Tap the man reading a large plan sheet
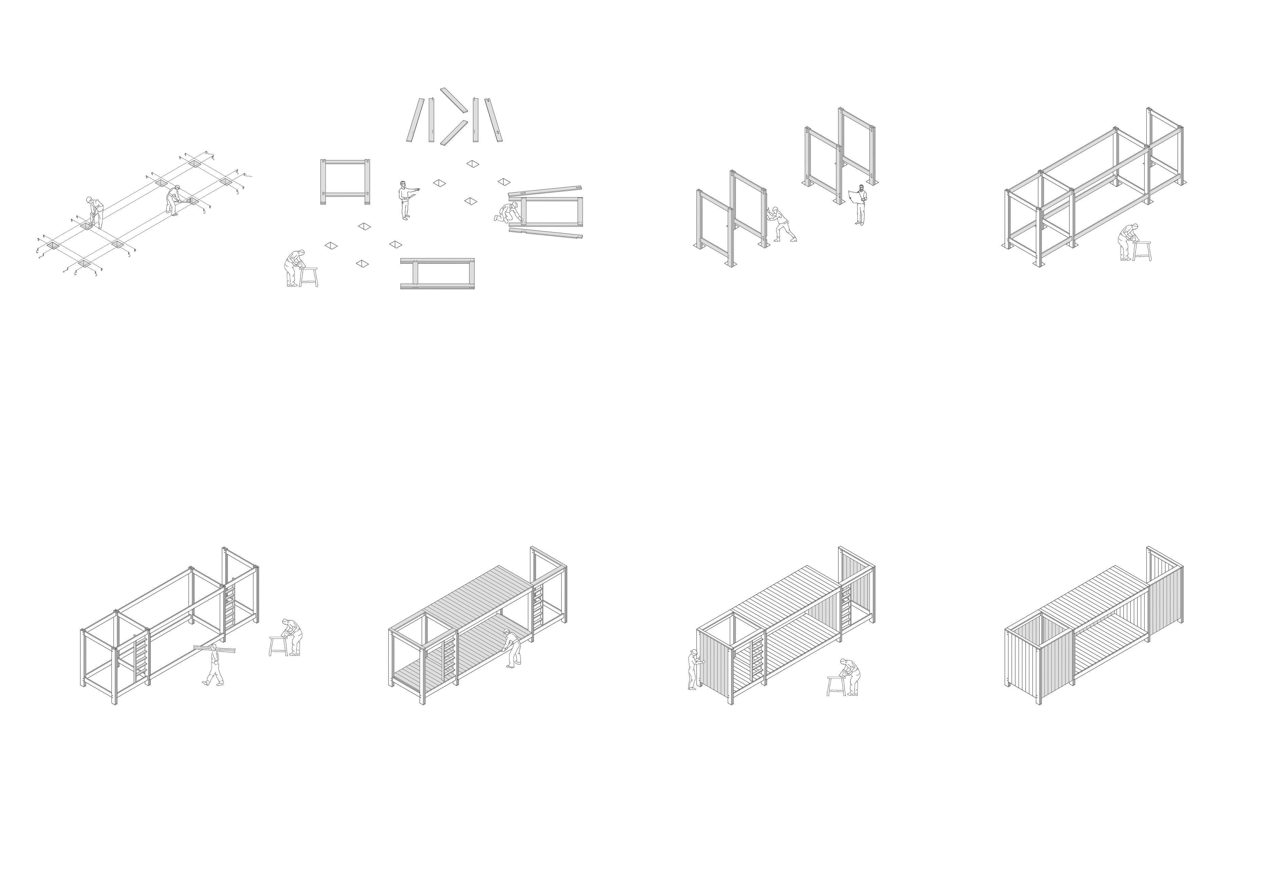click(x=859, y=204)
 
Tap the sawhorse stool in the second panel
click(x=308, y=276)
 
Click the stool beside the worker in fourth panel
click(x=1142, y=250)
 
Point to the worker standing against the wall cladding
click(x=692, y=669)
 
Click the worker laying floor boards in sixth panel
click(x=513, y=649)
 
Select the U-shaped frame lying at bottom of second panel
click(x=437, y=274)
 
